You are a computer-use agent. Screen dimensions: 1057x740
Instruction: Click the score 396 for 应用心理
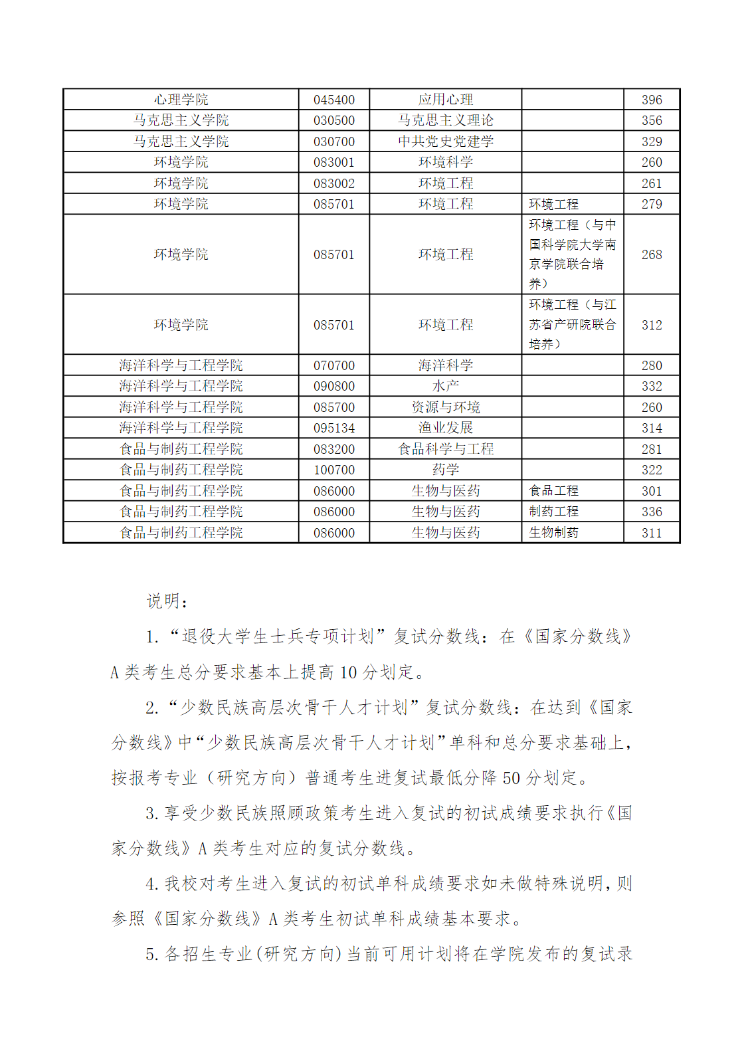coord(651,100)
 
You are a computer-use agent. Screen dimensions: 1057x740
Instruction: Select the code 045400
coord(334,100)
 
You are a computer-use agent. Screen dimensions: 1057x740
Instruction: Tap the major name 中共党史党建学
coord(446,142)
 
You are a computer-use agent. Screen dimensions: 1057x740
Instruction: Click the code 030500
coord(334,120)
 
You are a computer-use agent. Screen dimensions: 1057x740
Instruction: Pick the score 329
coord(651,142)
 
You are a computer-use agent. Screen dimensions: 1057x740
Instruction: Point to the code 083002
coord(334,183)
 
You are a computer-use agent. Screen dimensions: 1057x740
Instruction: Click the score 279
coord(651,204)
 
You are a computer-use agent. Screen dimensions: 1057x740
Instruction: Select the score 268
coord(651,254)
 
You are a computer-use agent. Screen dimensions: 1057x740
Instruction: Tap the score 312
coord(651,325)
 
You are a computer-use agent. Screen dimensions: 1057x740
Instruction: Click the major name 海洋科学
coord(446,365)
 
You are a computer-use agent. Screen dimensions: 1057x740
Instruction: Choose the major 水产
coord(446,386)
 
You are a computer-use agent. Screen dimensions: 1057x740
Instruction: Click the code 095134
coord(334,428)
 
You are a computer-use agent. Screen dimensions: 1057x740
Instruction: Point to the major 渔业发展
coord(446,428)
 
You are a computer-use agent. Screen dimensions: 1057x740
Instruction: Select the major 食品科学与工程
coord(446,449)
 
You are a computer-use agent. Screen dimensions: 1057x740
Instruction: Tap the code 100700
coord(334,470)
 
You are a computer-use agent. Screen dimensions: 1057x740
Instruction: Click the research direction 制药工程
coord(553,512)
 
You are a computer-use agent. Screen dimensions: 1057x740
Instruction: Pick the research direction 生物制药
coord(553,533)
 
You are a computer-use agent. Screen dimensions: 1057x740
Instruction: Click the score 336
coord(651,512)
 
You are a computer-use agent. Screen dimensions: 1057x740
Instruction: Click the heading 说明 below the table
coord(167,601)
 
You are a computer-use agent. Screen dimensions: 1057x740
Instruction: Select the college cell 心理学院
coord(181,100)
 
